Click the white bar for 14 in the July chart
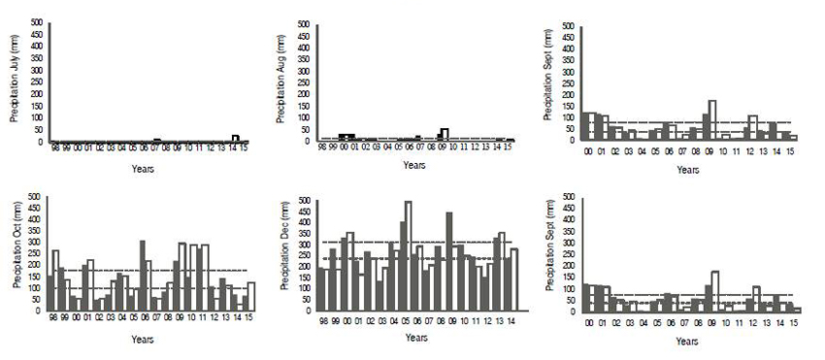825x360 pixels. pyautogui.click(x=235, y=139)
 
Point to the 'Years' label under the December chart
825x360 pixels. pyautogui.click(x=414, y=338)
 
